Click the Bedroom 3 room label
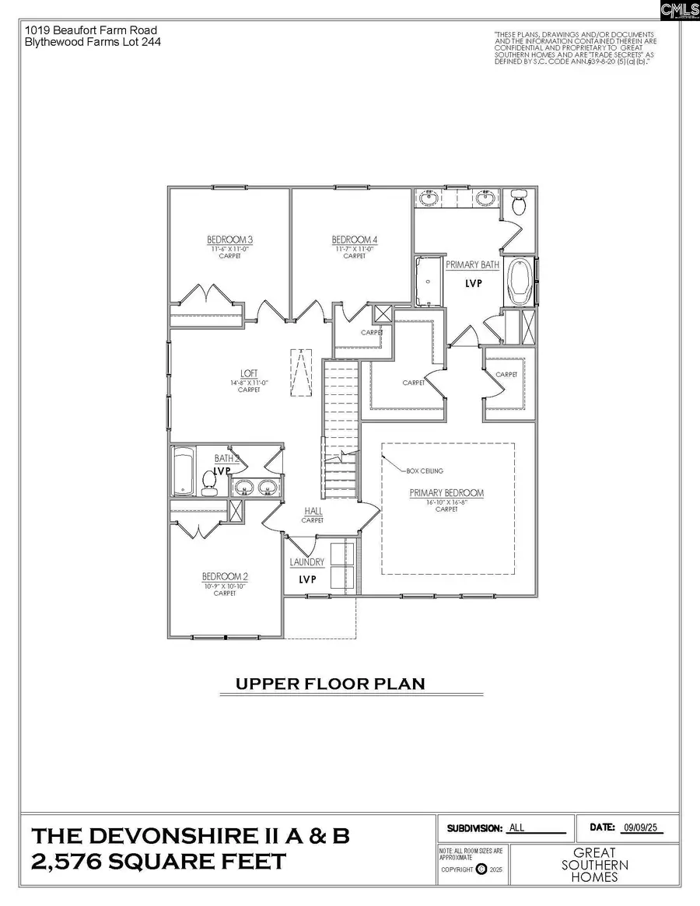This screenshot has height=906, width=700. tap(229, 240)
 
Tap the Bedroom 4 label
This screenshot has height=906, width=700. tap(354, 240)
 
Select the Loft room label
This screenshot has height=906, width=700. tap(249, 373)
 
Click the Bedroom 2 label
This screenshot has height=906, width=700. tap(225, 576)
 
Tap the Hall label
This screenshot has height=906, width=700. tap(312, 511)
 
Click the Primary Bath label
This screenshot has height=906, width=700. tap(472, 265)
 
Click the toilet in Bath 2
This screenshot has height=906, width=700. tap(208, 482)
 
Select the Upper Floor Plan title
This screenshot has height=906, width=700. tap(331, 684)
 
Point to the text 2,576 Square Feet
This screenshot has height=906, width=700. tap(159, 862)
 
